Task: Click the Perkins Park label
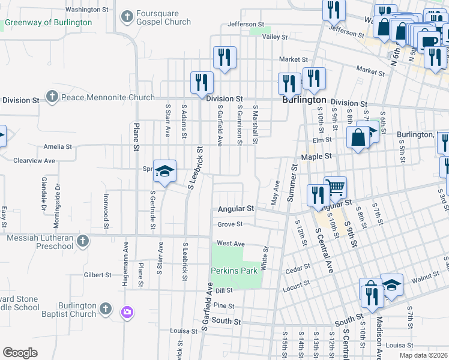coord(234,271)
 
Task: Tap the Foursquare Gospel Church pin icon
coord(127,17)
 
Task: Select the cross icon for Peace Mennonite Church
coord(52,97)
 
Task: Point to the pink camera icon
coord(127,311)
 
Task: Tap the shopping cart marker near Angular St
coord(335,187)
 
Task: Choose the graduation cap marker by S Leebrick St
coord(164,171)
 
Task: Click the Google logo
coord(20,353)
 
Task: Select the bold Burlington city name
coord(304,100)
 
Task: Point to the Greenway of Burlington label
coord(49,23)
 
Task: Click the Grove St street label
coord(230,224)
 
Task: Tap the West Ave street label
coord(231,243)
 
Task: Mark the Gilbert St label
coord(98,275)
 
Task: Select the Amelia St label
coord(58,146)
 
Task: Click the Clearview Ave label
coord(34,161)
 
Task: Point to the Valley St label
coord(276,37)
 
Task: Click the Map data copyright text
coord(423,355)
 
